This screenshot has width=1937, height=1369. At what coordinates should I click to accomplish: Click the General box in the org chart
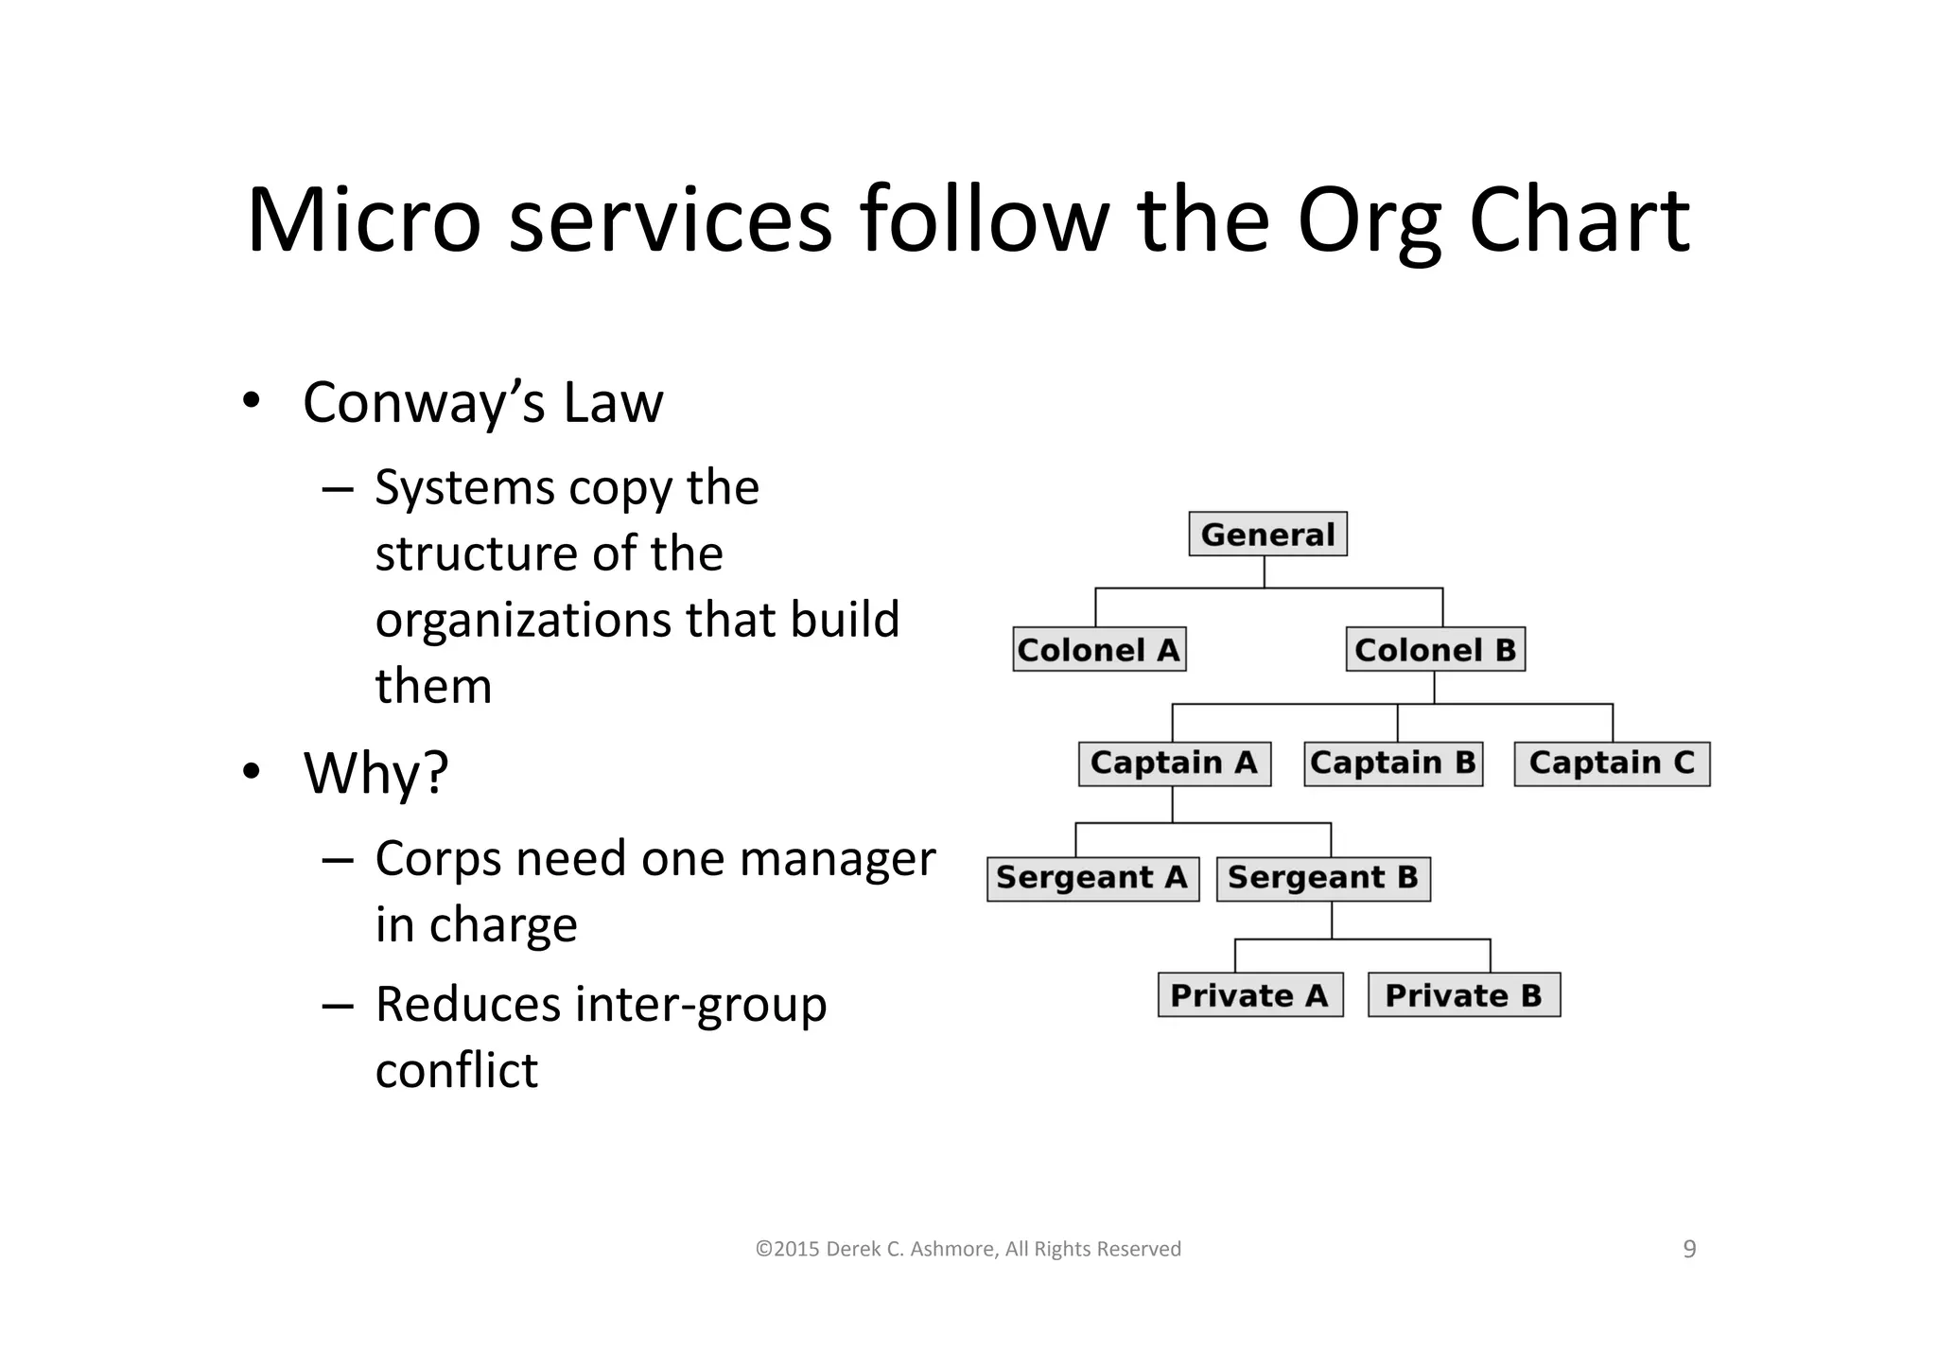pyautogui.click(x=1267, y=535)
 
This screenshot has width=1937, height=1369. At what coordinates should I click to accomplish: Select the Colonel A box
pyautogui.click(x=1099, y=650)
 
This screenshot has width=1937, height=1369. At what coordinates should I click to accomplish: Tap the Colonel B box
pyautogui.click(x=1435, y=650)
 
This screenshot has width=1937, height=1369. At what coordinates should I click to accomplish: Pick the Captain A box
pyautogui.click(x=1174, y=763)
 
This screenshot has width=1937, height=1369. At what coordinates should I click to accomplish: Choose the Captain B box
pyautogui.click(x=1393, y=763)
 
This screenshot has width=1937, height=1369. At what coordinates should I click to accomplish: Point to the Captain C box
pyautogui.click(x=1612, y=763)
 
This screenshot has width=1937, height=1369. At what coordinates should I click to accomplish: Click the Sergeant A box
pyautogui.click(x=1092, y=879)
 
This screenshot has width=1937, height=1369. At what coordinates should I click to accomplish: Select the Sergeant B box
pyautogui.click(x=1323, y=879)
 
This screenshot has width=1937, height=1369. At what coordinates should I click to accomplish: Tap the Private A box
pyautogui.click(x=1249, y=995)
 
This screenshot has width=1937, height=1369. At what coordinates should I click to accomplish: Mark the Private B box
pyautogui.click(x=1463, y=995)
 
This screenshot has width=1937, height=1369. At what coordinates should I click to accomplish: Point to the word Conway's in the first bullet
pyautogui.click(x=424, y=403)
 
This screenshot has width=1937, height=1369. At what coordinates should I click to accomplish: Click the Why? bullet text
pyautogui.click(x=375, y=773)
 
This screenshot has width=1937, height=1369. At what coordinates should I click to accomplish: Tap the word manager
pyautogui.click(x=837, y=859)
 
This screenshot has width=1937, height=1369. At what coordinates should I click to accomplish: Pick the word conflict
pyautogui.click(x=457, y=1071)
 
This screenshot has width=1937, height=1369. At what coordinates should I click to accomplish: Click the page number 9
pyautogui.click(x=1689, y=1250)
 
